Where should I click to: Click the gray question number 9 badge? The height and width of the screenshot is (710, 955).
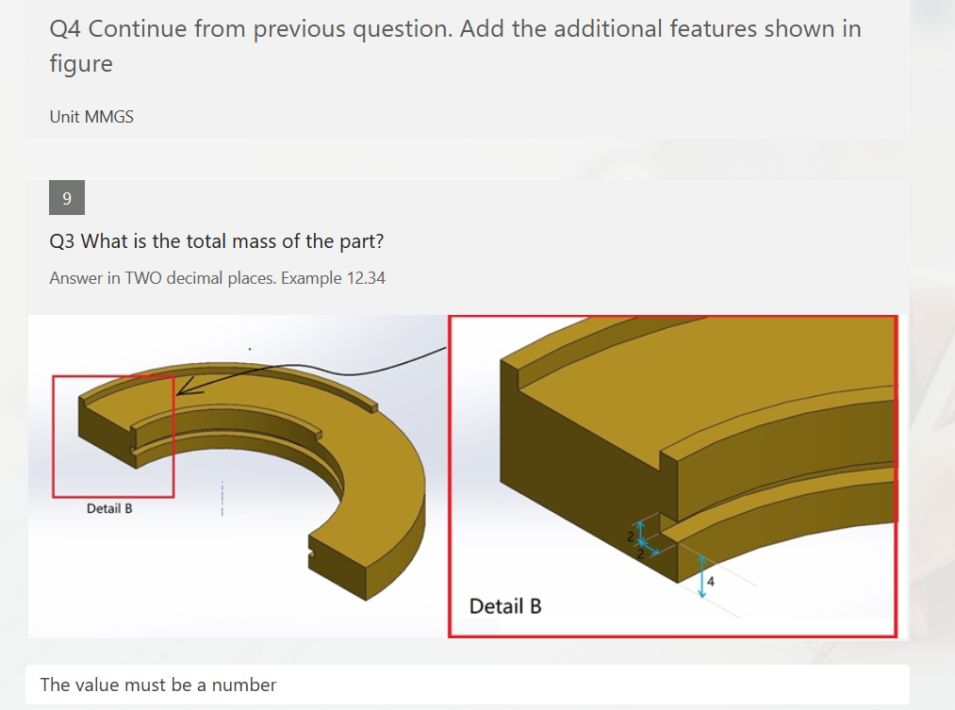(x=66, y=198)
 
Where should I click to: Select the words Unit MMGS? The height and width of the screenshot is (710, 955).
(x=91, y=117)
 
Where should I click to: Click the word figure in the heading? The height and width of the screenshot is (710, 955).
(x=81, y=64)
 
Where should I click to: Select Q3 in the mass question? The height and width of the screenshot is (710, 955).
(x=62, y=241)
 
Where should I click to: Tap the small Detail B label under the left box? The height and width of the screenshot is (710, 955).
(x=109, y=509)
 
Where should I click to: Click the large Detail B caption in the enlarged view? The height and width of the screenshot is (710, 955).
(x=505, y=605)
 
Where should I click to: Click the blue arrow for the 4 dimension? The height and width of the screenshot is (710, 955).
(x=701, y=575)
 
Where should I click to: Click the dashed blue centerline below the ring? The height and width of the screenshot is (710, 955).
(x=222, y=498)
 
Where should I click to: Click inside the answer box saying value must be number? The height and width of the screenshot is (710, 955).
(x=468, y=685)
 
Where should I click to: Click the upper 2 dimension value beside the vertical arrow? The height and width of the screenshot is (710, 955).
(x=631, y=537)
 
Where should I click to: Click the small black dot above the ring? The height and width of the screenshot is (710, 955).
(x=249, y=350)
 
